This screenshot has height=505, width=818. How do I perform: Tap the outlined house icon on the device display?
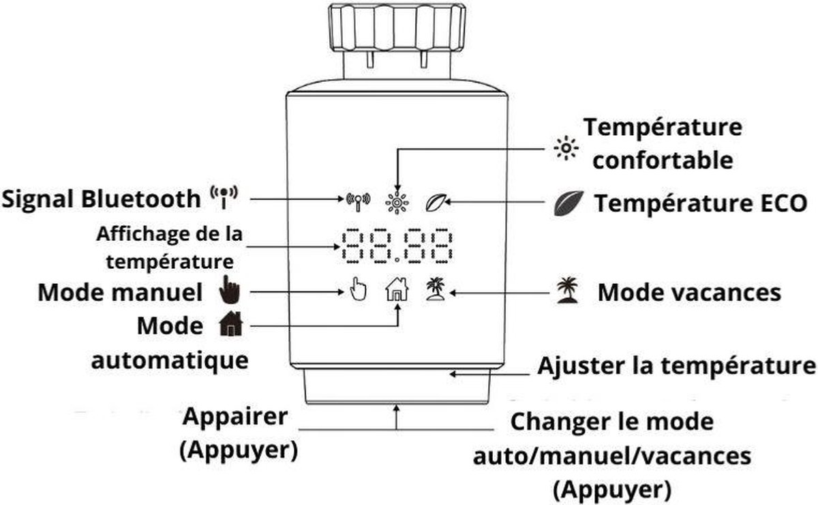pos(397,291)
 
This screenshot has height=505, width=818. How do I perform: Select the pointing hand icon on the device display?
pos(357,290)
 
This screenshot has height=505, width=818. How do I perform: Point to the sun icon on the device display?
pos(395,201)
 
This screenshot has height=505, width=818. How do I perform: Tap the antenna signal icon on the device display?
pos(357,201)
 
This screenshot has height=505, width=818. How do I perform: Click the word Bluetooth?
pos(142,199)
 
